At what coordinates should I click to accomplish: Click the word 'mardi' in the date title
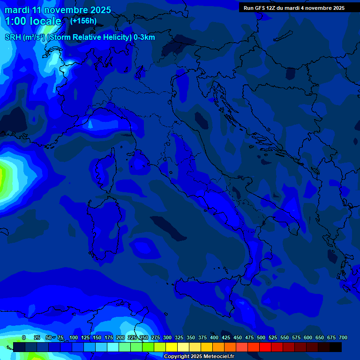(16, 10)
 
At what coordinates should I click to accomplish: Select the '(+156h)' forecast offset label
(83, 21)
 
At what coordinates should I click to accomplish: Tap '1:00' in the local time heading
(15, 21)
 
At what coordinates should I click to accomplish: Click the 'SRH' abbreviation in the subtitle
(13, 37)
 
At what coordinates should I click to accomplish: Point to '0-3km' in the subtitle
(144, 37)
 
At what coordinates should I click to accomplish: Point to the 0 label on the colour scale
(24, 337)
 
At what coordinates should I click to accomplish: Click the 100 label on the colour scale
(74, 337)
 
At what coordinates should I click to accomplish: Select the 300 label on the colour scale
(167, 337)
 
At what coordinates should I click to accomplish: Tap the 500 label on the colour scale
(261, 337)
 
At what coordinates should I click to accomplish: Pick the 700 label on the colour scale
(343, 337)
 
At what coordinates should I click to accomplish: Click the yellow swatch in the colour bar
(172, 347)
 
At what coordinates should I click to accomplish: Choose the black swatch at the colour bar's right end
(336, 347)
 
